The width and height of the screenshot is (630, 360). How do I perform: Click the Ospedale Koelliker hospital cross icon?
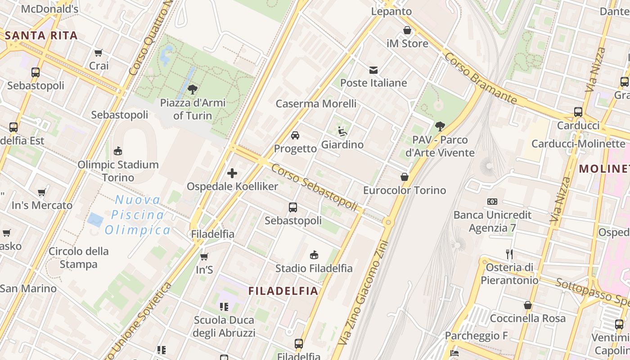(x=232, y=173)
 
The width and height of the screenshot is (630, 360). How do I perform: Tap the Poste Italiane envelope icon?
(x=373, y=70)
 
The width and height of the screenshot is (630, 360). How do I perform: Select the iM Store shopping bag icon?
(x=407, y=31)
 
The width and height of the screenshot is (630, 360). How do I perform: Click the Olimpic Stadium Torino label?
(x=118, y=171)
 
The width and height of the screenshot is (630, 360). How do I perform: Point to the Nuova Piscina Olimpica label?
(x=137, y=215)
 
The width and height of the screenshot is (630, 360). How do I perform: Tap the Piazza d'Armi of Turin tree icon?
(x=193, y=89)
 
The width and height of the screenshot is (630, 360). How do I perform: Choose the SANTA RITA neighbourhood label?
(x=41, y=36)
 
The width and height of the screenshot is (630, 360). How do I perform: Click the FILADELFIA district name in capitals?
(x=283, y=291)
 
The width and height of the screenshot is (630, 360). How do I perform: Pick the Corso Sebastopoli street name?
(x=315, y=187)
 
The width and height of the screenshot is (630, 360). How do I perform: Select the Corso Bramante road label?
(x=480, y=78)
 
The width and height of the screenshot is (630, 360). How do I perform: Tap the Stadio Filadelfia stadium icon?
(x=314, y=255)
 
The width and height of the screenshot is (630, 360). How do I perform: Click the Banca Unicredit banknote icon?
(x=492, y=202)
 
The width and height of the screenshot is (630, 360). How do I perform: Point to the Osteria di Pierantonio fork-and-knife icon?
(x=509, y=254)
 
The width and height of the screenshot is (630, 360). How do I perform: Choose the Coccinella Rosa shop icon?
(x=528, y=305)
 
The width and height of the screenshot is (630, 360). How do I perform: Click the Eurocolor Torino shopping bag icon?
(x=405, y=177)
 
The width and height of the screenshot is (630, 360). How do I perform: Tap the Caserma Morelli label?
(x=316, y=103)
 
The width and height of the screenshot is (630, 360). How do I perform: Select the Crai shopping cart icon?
(x=99, y=53)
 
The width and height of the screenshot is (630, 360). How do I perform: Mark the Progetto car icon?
(x=295, y=135)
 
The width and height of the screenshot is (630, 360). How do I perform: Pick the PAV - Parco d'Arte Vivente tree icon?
(x=440, y=126)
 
